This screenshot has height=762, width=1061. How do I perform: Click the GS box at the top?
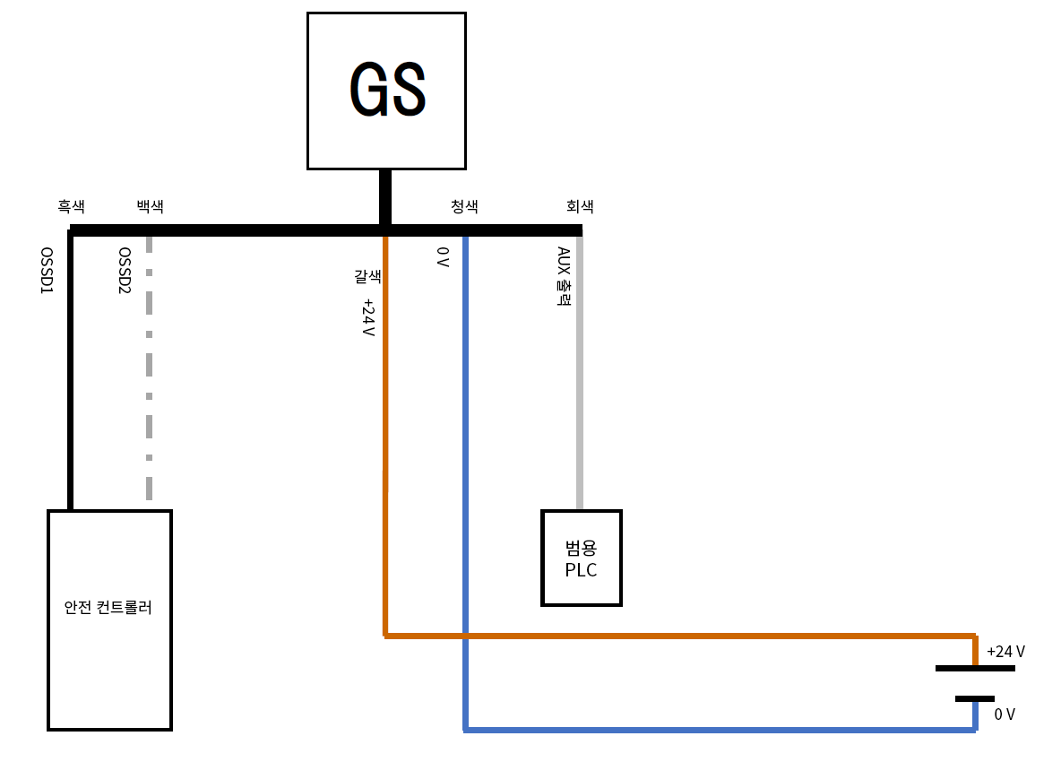pyautogui.click(x=386, y=91)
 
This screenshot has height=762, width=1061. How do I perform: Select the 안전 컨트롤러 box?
pyautogui.click(x=109, y=619)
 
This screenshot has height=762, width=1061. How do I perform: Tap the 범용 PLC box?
pyautogui.click(x=581, y=558)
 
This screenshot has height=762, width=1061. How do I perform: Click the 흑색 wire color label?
pyautogui.click(x=71, y=207)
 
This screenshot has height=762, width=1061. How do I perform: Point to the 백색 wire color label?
pyautogui.click(x=150, y=207)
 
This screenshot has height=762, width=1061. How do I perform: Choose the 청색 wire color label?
pyautogui.click(x=464, y=207)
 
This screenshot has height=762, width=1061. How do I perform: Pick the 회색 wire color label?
pyautogui.click(x=580, y=207)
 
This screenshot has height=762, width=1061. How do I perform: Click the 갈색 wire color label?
pyautogui.click(x=367, y=278)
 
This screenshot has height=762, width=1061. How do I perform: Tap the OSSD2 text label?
pyautogui.click(x=125, y=272)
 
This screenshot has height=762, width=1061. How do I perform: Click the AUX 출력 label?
pyautogui.click(x=564, y=277)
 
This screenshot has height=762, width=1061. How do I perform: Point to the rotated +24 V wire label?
pyautogui.click(x=367, y=317)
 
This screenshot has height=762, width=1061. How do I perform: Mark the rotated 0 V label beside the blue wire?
pyautogui.click(x=442, y=258)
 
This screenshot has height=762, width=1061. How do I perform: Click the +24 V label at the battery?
pyautogui.click(x=1005, y=652)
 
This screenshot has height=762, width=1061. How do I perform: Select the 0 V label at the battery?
pyautogui.click(x=1005, y=714)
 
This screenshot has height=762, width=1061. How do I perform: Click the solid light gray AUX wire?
pyautogui.click(x=580, y=377)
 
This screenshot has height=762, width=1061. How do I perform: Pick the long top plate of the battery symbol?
pyautogui.click(x=975, y=668)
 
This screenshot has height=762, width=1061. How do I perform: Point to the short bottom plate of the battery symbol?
pyautogui.click(x=975, y=698)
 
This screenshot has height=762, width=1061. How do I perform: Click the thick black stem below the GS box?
pyautogui.click(x=385, y=197)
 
